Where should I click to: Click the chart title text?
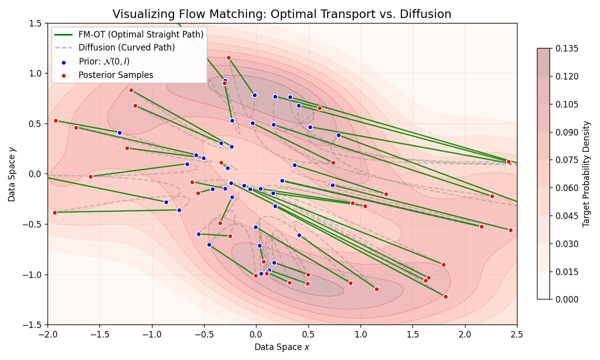(281, 14)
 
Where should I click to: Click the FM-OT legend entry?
(140, 34)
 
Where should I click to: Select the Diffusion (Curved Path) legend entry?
(126, 48)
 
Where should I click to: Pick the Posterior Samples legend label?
(115, 75)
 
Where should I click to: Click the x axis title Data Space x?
(281, 347)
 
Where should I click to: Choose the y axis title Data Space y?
(11, 174)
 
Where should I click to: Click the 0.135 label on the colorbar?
(566, 48)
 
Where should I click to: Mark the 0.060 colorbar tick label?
(566, 188)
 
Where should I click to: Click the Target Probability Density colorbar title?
(586, 174)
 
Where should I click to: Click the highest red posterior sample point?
(228, 57)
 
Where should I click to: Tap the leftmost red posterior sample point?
(54, 212)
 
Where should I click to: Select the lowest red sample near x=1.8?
(445, 296)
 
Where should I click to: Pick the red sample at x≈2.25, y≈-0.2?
(492, 196)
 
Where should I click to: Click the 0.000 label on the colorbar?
(566, 299)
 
